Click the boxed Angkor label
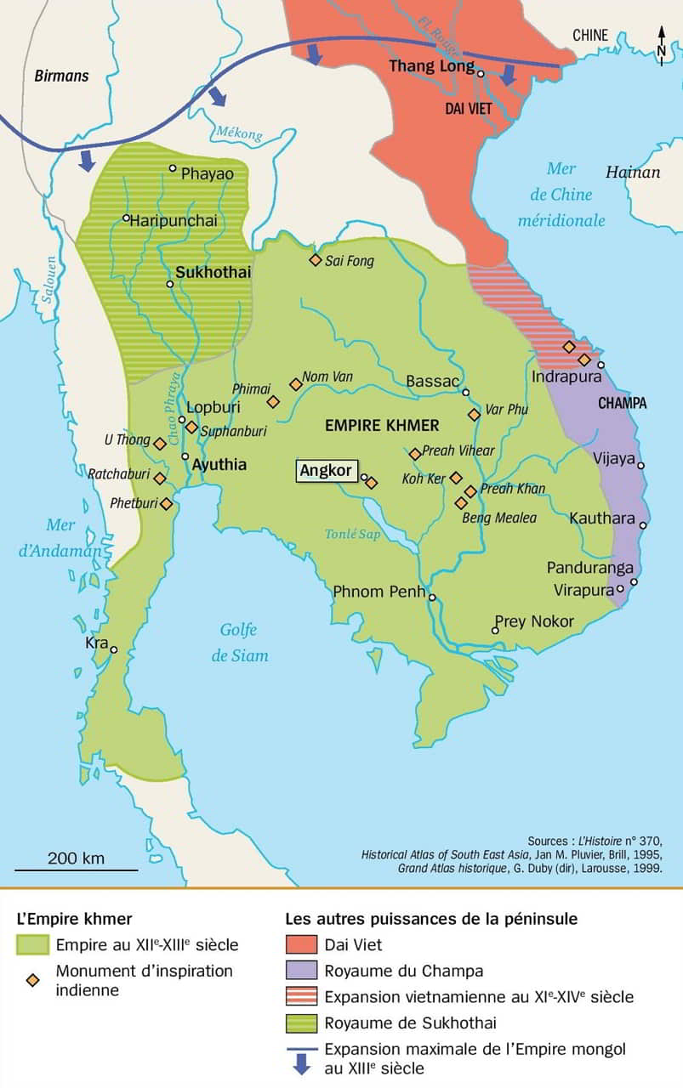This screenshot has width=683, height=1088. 325,471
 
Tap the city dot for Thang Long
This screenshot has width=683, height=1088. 481,74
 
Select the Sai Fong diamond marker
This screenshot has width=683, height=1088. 315,260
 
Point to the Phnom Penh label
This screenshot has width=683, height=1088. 378,592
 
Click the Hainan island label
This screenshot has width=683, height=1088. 632,173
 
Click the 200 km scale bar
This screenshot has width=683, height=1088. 76,870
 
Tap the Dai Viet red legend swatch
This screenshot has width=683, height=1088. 300,944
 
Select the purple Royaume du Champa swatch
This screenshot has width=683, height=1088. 300,971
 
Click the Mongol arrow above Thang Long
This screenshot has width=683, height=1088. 508,76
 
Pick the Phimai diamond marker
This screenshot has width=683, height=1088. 273,401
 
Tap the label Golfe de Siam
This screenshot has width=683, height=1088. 239,643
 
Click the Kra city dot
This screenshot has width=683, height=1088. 113,649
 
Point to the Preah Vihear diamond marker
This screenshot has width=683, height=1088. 415,454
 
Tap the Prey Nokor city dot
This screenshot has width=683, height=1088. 495,631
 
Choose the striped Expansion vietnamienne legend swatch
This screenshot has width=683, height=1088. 300,996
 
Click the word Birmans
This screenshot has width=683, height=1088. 61,76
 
